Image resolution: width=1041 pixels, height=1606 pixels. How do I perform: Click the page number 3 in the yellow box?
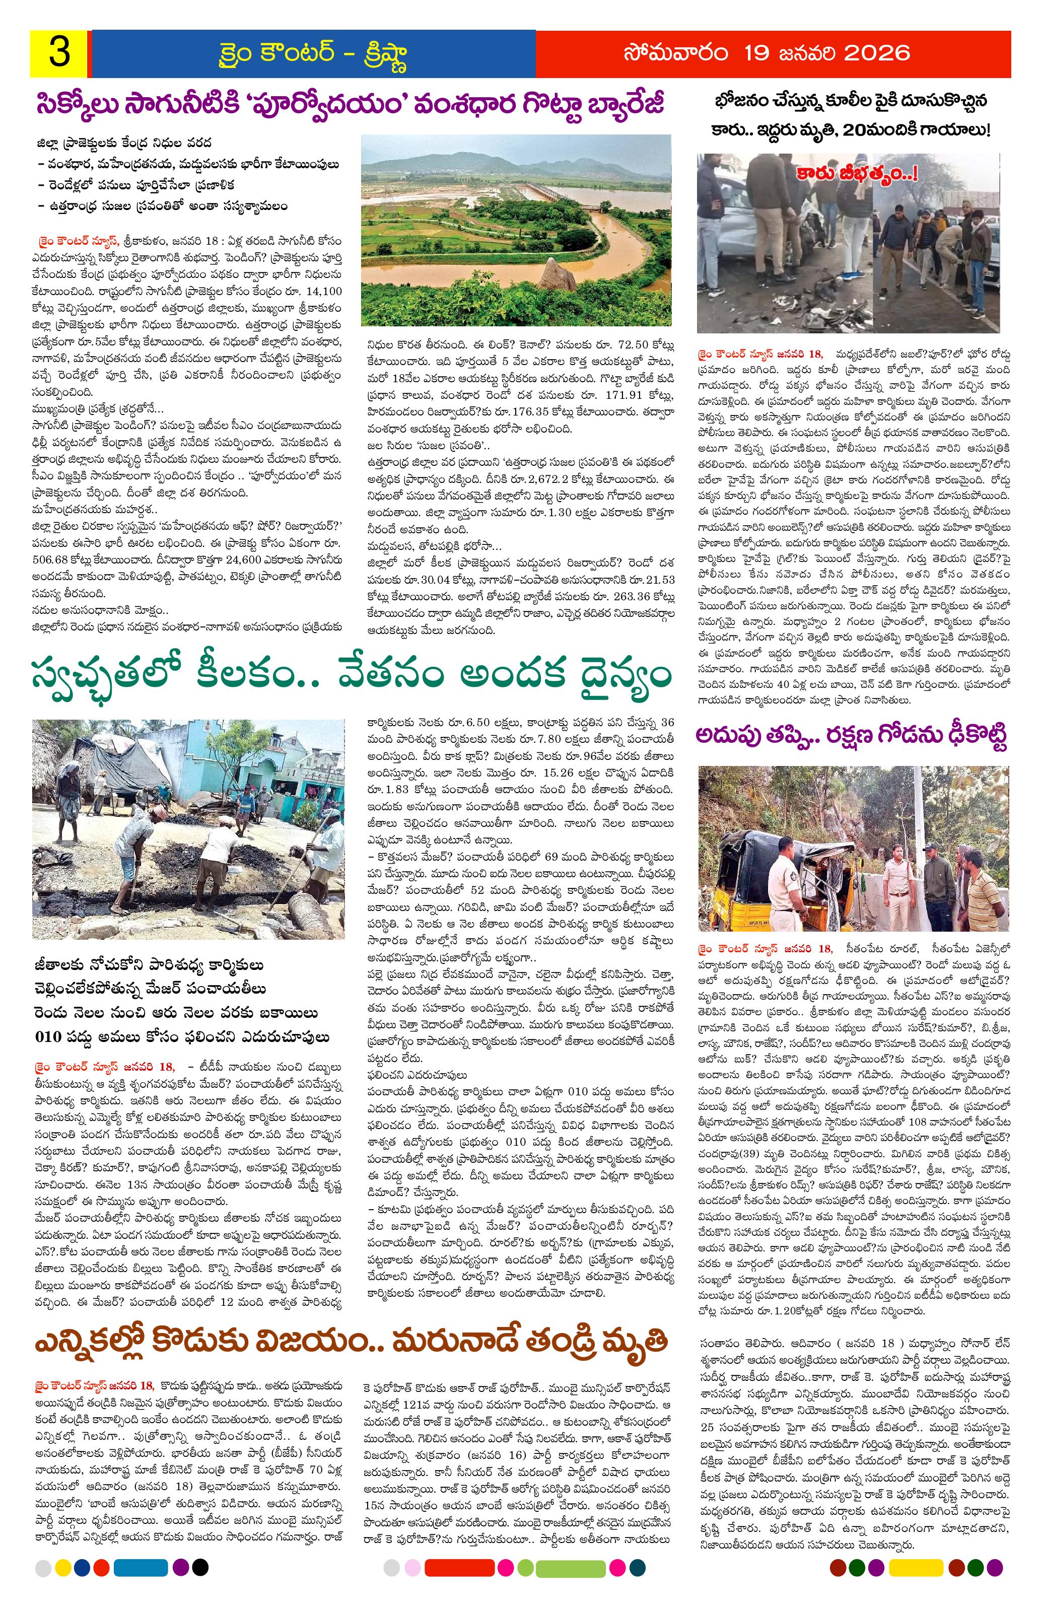[x=59, y=53]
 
